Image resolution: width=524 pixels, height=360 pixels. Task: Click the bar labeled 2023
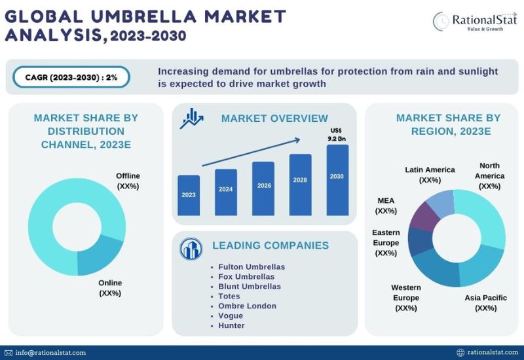coord(189,195)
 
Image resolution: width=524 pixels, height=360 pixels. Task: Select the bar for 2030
coord(337,180)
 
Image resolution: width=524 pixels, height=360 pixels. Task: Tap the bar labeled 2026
coord(263,189)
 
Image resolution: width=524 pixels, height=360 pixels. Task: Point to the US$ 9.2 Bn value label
coord(336,135)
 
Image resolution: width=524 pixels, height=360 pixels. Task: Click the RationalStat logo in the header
coord(473,21)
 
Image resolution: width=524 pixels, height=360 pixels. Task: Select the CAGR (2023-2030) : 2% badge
coord(71,77)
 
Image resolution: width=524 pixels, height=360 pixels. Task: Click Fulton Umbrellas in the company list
coord(252,267)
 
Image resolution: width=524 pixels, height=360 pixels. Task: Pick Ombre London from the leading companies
coord(247,306)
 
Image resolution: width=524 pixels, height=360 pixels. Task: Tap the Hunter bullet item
coord(231,325)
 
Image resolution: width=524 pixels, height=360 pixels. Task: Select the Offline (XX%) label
coord(128,181)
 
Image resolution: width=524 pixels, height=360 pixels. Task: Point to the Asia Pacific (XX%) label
coord(485,302)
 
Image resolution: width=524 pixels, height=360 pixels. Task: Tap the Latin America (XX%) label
coord(430,175)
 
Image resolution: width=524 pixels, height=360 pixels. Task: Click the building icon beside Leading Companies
coord(191,247)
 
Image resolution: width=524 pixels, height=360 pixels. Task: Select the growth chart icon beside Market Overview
coord(193,118)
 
